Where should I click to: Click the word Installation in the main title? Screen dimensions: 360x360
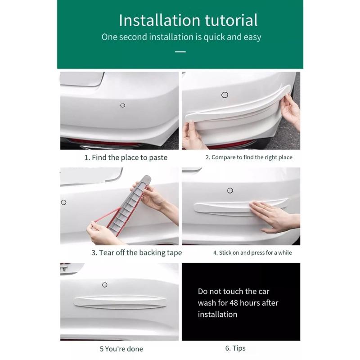click(153, 20)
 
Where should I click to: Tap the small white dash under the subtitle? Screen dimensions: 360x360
click(180, 52)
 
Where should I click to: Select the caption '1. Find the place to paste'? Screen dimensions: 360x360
click(126, 157)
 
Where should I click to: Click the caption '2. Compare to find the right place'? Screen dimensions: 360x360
click(249, 157)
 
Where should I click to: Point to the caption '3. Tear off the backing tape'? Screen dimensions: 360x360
click(137, 253)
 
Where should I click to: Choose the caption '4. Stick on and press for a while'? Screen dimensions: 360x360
click(252, 253)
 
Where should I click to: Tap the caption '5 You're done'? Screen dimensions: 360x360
click(121, 349)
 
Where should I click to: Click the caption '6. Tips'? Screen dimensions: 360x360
click(235, 348)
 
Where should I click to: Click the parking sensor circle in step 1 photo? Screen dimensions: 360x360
click(122, 105)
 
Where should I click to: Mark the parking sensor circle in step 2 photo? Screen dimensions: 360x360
click(225, 94)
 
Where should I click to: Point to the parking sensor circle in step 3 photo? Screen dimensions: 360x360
click(63, 202)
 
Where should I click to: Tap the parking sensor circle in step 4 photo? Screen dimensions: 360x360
click(230, 191)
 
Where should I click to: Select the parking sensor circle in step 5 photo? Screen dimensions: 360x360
click(105, 285)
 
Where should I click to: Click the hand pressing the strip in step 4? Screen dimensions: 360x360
click(272, 215)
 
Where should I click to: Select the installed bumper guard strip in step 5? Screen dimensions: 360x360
click(119, 303)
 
